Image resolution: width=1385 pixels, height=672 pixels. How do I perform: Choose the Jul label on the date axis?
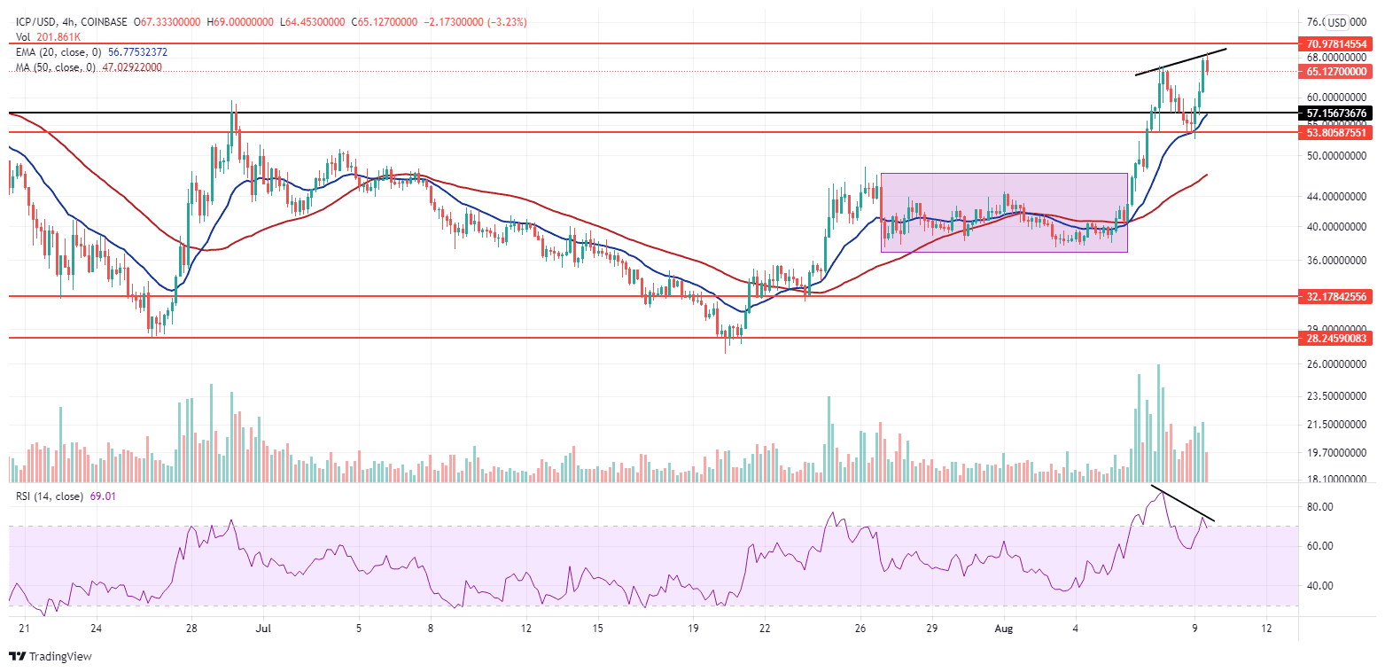point(263,629)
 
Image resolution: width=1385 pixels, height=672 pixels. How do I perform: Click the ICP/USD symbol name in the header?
point(34,23)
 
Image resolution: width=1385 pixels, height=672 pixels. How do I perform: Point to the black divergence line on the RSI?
point(1182,503)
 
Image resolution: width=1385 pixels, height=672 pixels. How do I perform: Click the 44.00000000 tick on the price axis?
point(1338,196)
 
